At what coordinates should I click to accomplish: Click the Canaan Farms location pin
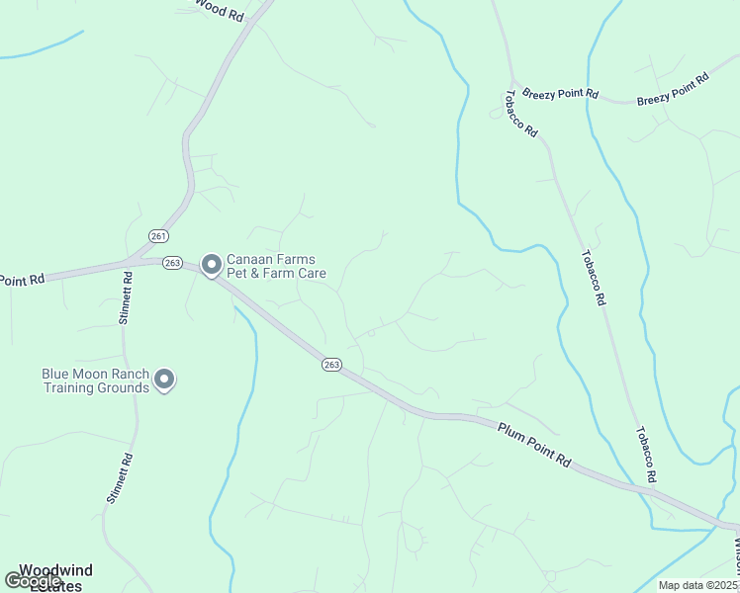pos(211,265)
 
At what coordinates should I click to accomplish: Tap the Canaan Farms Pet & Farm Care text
pos(276,266)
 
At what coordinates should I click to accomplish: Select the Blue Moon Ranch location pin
pos(165,380)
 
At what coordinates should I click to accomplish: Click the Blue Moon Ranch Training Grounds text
pos(95,381)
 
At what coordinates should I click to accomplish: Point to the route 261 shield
pos(159,235)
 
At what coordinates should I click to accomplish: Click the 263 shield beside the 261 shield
pos(173,262)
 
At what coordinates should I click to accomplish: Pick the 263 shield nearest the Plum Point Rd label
pos(331,365)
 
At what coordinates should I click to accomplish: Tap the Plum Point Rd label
pos(535,446)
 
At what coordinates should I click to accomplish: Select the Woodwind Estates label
pos(56,577)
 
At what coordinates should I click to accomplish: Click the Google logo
pos(33,581)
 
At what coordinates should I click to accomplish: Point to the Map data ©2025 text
pos(695,585)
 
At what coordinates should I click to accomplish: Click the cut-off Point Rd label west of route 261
pos(22,280)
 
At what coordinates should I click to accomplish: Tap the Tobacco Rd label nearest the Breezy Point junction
pos(520,115)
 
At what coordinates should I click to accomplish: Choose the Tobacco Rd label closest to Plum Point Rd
pos(646,456)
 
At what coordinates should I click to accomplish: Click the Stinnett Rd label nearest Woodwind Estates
pos(115,478)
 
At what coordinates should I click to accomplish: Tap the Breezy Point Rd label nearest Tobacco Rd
pos(560,92)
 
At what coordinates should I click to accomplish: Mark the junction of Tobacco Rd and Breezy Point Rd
pos(512,80)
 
